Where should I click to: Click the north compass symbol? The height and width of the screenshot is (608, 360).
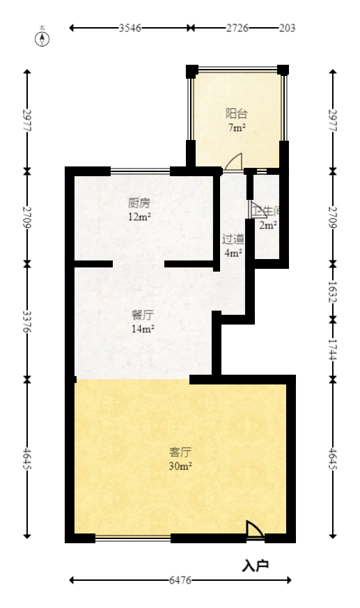coord(42,38)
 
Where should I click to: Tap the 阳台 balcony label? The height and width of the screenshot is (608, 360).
coord(236,114)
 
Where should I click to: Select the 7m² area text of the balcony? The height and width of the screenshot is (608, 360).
coord(236,128)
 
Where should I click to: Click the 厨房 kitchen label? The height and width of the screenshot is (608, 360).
coord(139,203)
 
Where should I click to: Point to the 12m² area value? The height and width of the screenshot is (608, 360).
coord(139,217)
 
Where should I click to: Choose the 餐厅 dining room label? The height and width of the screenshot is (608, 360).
coord(143,315)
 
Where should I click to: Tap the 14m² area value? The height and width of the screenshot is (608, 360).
coord(143,329)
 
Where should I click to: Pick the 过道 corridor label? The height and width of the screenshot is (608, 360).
coord(233,238)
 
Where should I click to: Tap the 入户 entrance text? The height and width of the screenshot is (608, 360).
coord(256,566)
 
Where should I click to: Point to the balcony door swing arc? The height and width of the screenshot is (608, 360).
coord(233,162)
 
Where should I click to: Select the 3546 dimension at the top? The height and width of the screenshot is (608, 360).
coord(130,28)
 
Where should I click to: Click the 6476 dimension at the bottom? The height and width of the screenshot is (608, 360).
coord(181,579)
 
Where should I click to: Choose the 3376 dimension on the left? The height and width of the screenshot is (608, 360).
coord(27,321)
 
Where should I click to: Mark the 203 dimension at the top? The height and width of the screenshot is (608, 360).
coord(287,28)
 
